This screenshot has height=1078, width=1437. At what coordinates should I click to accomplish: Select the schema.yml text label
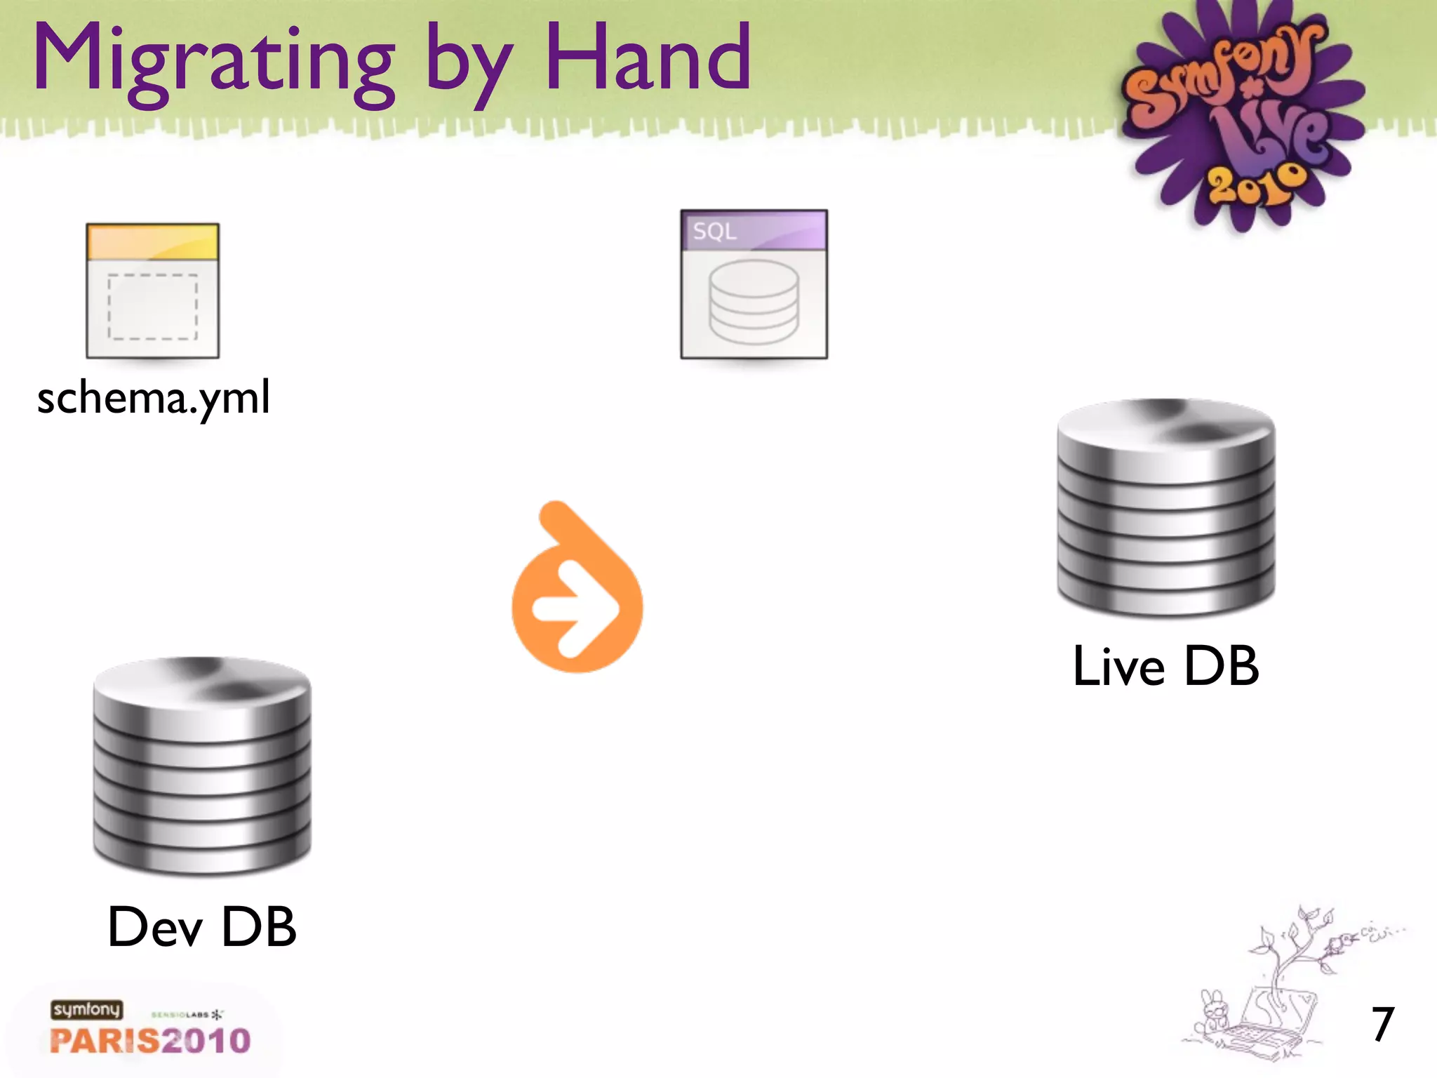click(153, 397)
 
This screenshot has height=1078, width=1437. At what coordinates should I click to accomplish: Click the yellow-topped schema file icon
click(152, 291)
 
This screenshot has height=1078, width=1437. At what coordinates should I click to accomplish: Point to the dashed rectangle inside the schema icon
click(152, 307)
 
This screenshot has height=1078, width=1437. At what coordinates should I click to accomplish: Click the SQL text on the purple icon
click(714, 231)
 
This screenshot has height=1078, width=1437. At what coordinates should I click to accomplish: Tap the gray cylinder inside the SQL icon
click(754, 302)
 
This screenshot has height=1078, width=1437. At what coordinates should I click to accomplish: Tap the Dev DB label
click(202, 926)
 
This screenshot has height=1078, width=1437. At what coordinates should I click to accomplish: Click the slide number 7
click(1382, 1024)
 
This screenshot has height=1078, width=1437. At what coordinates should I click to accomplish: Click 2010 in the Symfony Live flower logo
click(1256, 184)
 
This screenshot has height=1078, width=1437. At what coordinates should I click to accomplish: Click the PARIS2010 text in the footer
click(150, 1040)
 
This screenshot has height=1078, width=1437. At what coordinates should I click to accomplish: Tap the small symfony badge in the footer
click(86, 1009)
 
